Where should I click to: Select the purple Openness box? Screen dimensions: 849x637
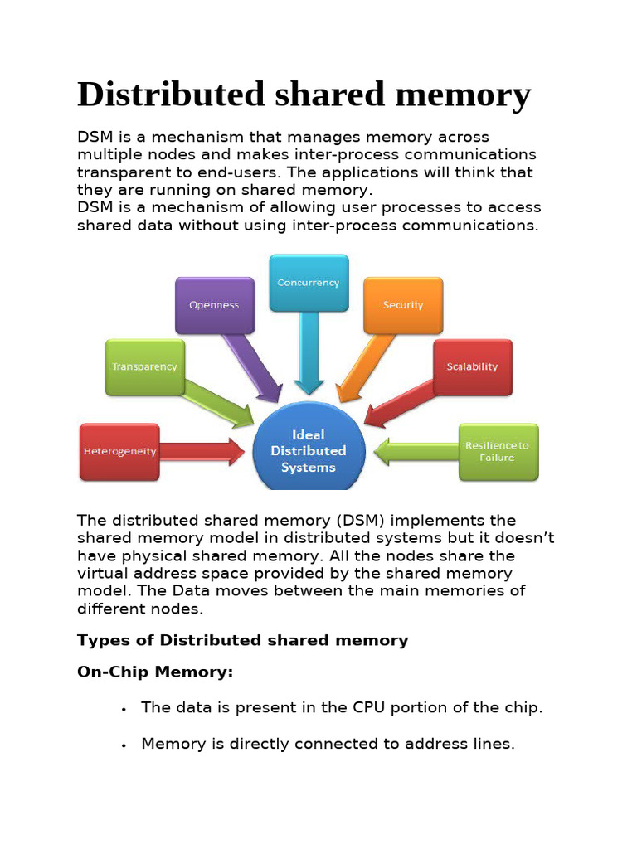click(x=214, y=305)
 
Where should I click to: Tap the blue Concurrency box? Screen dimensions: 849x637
click(x=309, y=283)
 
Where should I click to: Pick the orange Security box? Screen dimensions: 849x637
click(x=403, y=305)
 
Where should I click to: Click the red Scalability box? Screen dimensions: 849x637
click(x=472, y=366)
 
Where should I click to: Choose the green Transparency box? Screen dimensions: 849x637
click(x=144, y=366)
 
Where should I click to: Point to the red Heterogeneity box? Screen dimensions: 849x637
click(x=119, y=452)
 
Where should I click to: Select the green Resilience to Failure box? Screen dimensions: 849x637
click(x=498, y=452)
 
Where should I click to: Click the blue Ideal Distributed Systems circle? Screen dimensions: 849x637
click(x=309, y=450)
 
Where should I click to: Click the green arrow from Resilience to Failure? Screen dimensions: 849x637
click(x=415, y=453)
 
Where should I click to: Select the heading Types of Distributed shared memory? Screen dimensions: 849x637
click(x=242, y=640)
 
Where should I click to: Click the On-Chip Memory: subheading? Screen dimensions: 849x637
click(x=155, y=672)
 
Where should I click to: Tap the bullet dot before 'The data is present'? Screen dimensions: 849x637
click(x=123, y=710)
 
